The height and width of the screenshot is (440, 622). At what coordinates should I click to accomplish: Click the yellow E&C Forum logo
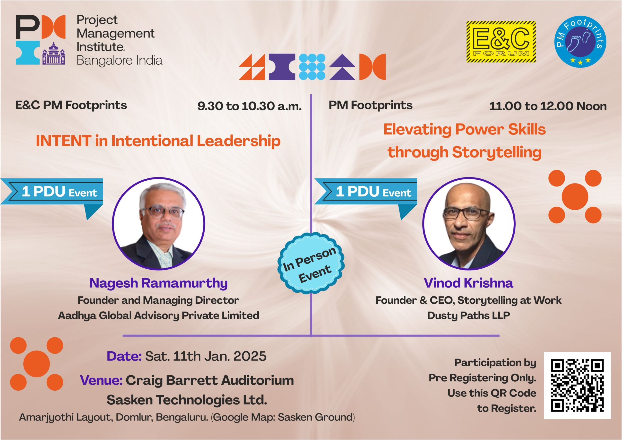501,42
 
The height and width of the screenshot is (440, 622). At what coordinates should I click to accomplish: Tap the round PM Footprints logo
580,42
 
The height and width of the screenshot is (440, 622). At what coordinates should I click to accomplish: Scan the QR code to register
577,385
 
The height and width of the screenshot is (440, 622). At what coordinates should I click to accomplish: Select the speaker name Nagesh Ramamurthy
158,283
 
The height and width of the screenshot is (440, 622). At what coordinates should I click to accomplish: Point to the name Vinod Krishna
468,283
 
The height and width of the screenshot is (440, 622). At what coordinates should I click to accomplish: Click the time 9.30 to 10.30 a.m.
249,106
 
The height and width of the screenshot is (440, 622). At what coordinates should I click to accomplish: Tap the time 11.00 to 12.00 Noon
548,106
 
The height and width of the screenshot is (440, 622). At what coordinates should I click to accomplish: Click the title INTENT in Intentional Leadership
158,141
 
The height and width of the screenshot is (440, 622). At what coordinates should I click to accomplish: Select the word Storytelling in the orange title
497,152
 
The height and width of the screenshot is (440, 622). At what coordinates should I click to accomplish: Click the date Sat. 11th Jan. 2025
206,356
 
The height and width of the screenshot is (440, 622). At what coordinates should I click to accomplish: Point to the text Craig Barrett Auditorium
210,380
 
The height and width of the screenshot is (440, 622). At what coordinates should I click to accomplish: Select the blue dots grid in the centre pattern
312,67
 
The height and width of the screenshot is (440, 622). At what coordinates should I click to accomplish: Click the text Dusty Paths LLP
468,315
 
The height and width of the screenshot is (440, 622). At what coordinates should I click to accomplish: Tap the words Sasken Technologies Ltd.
187,400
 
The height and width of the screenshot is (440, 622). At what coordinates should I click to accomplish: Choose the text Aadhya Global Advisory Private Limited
158,315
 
